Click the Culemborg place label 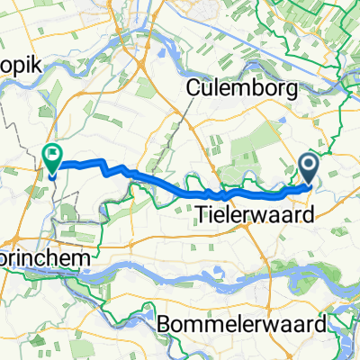pyautogui.click(x=237, y=88)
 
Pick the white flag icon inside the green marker pyautogui.click(x=51, y=156)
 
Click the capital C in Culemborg pyautogui.click(x=193, y=88)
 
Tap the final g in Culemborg pyautogui.click(x=282, y=91)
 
